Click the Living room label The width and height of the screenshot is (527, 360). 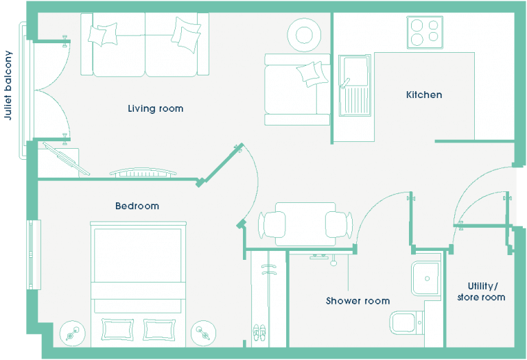(156, 109)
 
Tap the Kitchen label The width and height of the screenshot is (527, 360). (424, 95)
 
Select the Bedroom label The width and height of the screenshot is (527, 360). (137, 206)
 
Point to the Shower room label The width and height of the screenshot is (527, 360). (358, 300)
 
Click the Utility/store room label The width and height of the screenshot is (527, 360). (481, 291)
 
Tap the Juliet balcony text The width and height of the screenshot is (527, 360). (8, 85)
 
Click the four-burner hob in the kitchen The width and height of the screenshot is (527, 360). (425, 32)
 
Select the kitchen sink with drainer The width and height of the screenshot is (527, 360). (355, 86)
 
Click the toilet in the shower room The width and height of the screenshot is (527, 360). (407, 322)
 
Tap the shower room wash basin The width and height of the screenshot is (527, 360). (426, 278)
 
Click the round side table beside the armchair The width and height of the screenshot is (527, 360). (304, 35)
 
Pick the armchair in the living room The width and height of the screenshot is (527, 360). (297, 89)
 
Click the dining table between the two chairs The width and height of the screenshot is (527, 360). (305, 224)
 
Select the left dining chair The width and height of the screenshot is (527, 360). (272, 225)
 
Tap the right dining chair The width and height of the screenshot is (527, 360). (339, 225)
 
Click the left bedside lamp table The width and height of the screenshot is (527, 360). (73, 333)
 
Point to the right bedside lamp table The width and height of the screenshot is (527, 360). (203, 333)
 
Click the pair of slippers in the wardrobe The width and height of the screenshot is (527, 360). (259, 333)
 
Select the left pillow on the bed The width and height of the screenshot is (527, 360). (117, 329)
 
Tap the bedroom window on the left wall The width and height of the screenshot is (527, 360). (34, 254)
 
